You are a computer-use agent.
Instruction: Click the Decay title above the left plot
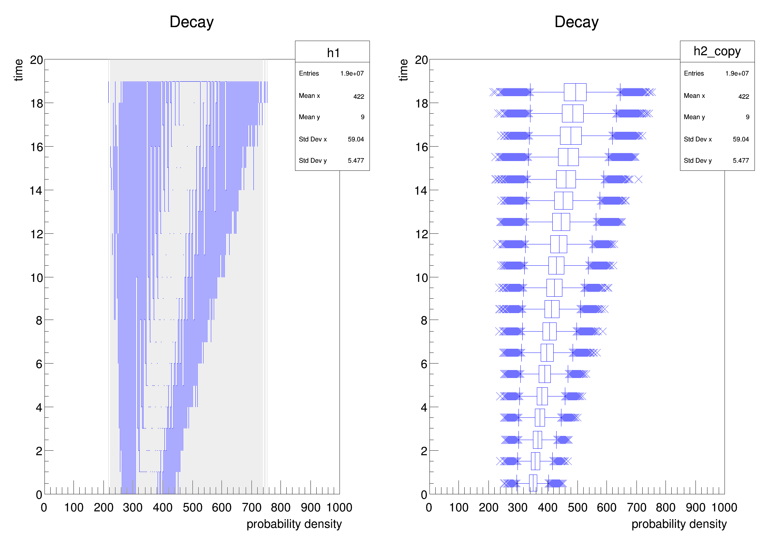(x=192, y=22)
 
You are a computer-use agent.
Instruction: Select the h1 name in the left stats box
(x=333, y=53)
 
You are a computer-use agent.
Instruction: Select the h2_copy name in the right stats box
(x=717, y=51)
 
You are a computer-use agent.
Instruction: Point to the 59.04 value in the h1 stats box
(x=355, y=139)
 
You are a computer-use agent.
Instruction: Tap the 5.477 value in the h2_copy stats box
(x=740, y=160)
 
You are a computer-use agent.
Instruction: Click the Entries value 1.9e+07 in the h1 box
(x=352, y=73)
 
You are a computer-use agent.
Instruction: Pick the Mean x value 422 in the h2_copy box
(x=743, y=97)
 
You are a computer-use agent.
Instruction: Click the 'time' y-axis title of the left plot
(x=19, y=70)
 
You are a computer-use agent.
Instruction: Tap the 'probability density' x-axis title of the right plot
(x=679, y=524)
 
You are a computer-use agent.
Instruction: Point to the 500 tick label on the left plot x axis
(x=192, y=508)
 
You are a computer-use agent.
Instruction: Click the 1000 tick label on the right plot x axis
(x=724, y=508)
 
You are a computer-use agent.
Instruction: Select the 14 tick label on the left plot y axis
(x=36, y=191)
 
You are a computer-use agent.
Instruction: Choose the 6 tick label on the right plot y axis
(x=424, y=364)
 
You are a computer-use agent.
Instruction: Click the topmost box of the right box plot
(x=575, y=92)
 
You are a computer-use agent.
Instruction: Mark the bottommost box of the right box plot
(x=533, y=483)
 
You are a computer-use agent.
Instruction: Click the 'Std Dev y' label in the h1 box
(x=313, y=160)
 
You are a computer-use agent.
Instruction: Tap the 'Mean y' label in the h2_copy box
(x=694, y=117)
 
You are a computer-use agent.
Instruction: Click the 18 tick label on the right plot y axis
(x=421, y=104)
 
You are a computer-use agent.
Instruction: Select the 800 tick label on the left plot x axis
(x=281, y=508)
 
